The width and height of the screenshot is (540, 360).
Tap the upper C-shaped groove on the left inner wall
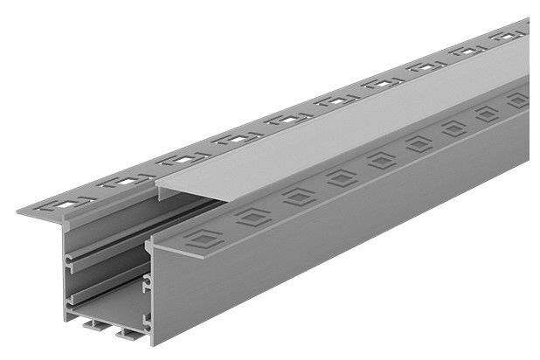[x=70, y=260]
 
